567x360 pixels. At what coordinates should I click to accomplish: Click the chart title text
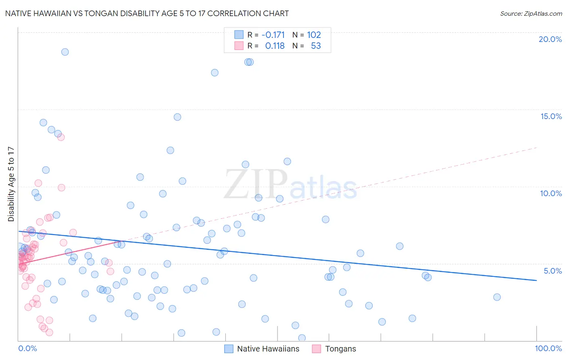click(147, 13)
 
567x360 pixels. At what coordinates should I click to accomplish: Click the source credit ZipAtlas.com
click(531, 13)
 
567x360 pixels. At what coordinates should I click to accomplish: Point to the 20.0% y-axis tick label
click(550, 39)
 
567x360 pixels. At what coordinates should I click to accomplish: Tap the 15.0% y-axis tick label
click(551, 116)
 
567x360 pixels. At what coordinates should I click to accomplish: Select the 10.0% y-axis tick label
click(551, 193)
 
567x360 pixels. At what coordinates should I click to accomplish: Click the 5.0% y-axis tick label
click(552, 271)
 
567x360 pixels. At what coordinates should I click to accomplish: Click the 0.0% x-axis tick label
click(27, 348)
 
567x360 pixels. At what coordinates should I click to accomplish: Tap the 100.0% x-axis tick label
click(548, 348)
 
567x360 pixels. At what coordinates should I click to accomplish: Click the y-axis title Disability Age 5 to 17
click(11, 184)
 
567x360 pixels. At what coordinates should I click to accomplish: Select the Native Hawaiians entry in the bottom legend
click(268, 349)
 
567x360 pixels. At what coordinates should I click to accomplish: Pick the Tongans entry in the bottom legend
click(340, 349)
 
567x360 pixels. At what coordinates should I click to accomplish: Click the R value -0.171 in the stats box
click(273, 35)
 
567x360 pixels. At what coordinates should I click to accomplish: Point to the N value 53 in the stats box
click(316, 46)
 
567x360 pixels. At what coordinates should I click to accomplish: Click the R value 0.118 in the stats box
click(275, 46)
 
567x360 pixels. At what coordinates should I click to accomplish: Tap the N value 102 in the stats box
click(314, 35)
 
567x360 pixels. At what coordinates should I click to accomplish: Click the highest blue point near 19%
click(65, 52)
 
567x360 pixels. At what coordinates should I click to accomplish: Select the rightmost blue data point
click(497, 297)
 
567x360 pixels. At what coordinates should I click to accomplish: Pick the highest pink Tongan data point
click(61, 137)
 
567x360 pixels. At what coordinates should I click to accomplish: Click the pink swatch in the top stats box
click(239, 46)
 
